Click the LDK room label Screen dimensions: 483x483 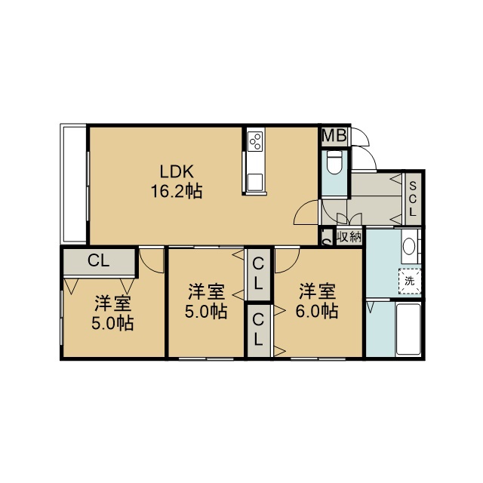(177, 171)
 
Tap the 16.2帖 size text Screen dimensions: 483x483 (177, 191)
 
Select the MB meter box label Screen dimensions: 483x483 (334, 135)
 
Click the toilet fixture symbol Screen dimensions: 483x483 (334, 162)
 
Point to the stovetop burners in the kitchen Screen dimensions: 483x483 (256, 141)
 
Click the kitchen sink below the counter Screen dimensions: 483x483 (255, 182)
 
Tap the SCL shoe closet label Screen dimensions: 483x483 (413, 199)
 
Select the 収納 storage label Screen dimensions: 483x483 (349, 237)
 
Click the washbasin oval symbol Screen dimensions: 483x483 (409, 247)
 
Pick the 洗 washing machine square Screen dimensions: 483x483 (410, 281)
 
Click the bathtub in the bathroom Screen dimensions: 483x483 (408, 329)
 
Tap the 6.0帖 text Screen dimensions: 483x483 (317, 311)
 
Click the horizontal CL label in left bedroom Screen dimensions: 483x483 (99, 260)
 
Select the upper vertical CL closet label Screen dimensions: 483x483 (258, 274)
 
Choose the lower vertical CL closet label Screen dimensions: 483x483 (258, 329)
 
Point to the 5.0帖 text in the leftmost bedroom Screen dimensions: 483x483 (112, 324)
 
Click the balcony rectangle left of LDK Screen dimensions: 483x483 (74, 183)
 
